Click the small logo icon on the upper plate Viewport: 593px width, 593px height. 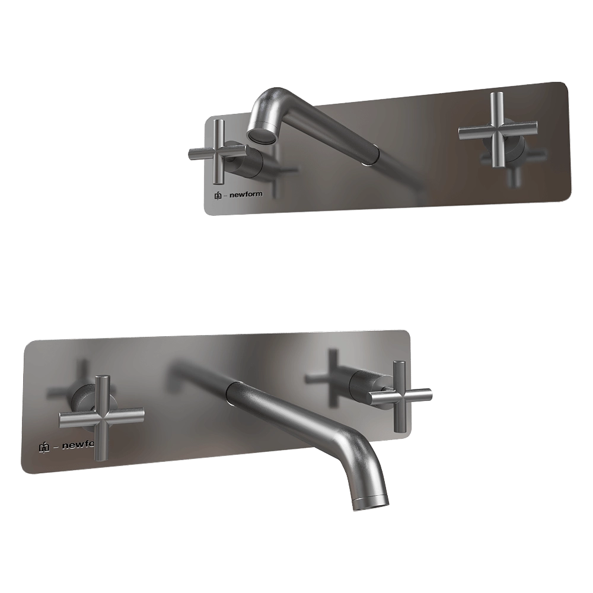[x=218, y=196]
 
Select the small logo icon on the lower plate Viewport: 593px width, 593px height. [x=44, y=447]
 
